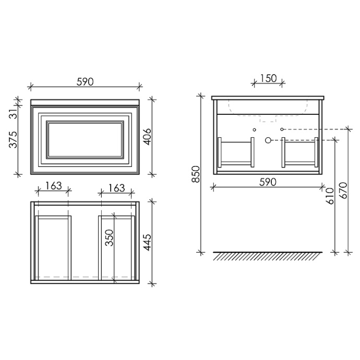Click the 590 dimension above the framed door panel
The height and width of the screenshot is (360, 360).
click(85, 81)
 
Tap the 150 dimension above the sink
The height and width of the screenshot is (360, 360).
click(268, 78)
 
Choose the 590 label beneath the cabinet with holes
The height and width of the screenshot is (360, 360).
click(267, 182)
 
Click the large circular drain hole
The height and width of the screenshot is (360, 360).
click(269, 140)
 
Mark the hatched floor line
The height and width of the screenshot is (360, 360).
click(267, 256)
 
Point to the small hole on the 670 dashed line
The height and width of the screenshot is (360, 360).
click(282, 128)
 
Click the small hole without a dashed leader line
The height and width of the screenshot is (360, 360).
click(254, 128)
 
